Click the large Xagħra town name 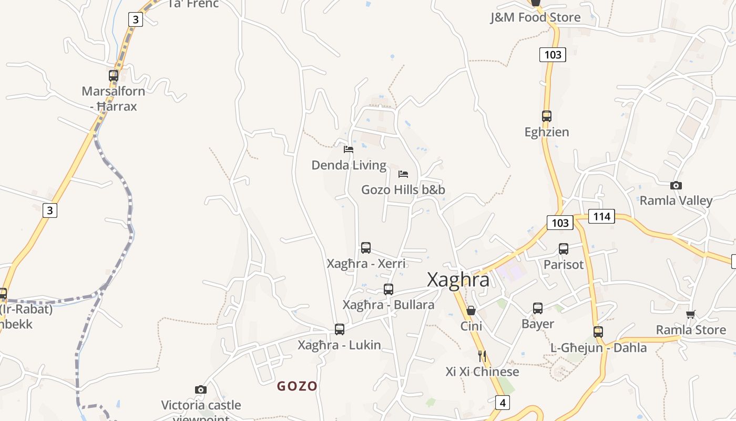(458, 279)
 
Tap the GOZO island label (297, 386)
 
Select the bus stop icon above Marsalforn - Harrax (114, 76)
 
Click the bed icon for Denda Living (348, 149)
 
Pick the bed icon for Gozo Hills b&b (403, 174)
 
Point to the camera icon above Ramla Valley (676, 185)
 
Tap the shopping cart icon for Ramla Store (691, 314)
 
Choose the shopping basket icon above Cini (471, 310)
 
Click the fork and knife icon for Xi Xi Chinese (482, 356)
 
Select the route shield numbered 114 (601, 216)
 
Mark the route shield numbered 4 (503, 403)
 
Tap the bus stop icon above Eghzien (547, 116)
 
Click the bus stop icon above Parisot (564, 249)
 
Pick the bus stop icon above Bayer (538, 308)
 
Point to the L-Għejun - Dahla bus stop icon (598, 332)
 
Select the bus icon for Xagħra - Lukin (340, 329)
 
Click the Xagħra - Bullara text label (389, 305)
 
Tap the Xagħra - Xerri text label (366, 263)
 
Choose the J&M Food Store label (535, 17)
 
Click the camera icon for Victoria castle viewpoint (200, 389)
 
